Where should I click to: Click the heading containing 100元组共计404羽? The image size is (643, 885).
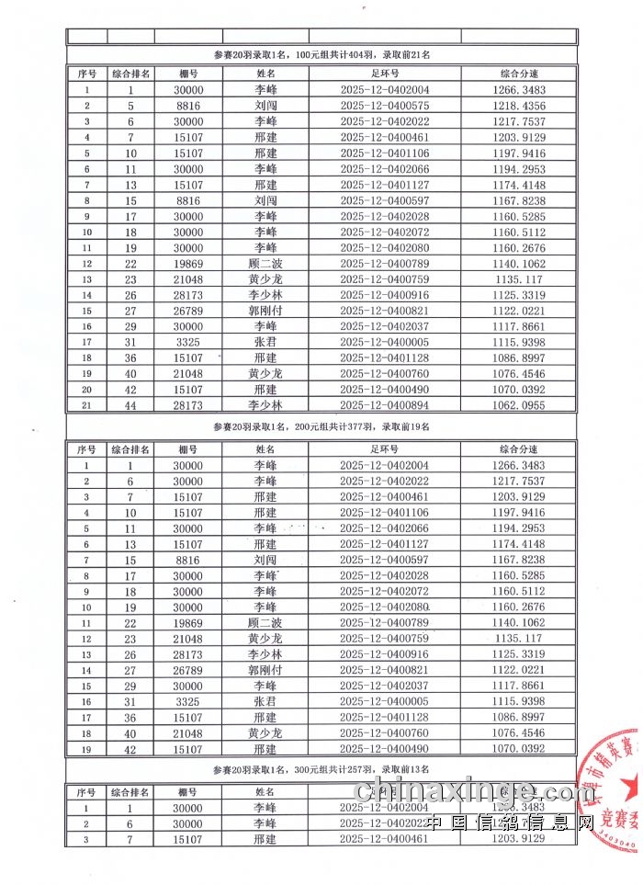[x=321, y=55]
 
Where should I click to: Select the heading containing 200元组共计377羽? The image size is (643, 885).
[x=321, y=426]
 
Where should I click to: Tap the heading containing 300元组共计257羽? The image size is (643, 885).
[x=321, y=768]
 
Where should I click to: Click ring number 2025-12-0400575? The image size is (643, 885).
[x=384, y=106]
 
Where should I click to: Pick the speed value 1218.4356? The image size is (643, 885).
[x=519, y=106]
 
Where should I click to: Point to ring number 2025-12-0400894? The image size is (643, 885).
[x=384, y=404]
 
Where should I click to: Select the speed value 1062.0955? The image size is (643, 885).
[x=519, y=404]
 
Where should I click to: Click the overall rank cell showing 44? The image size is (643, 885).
[x=131, y=404]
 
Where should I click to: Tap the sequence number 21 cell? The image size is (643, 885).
[x=86, y=404]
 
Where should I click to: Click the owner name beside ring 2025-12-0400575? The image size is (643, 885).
[x=266, y=106]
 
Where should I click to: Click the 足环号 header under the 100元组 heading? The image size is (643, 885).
[x=384, y=73]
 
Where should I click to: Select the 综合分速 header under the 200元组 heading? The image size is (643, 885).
[x=519, y=448]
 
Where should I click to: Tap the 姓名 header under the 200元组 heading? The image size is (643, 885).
[x=266, y=448]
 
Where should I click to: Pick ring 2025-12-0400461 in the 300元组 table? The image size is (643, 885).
[x=384, y=839]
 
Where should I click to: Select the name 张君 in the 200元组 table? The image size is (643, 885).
[x=265, y=701]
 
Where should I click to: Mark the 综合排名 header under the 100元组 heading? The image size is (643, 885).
[x=131, y=73]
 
